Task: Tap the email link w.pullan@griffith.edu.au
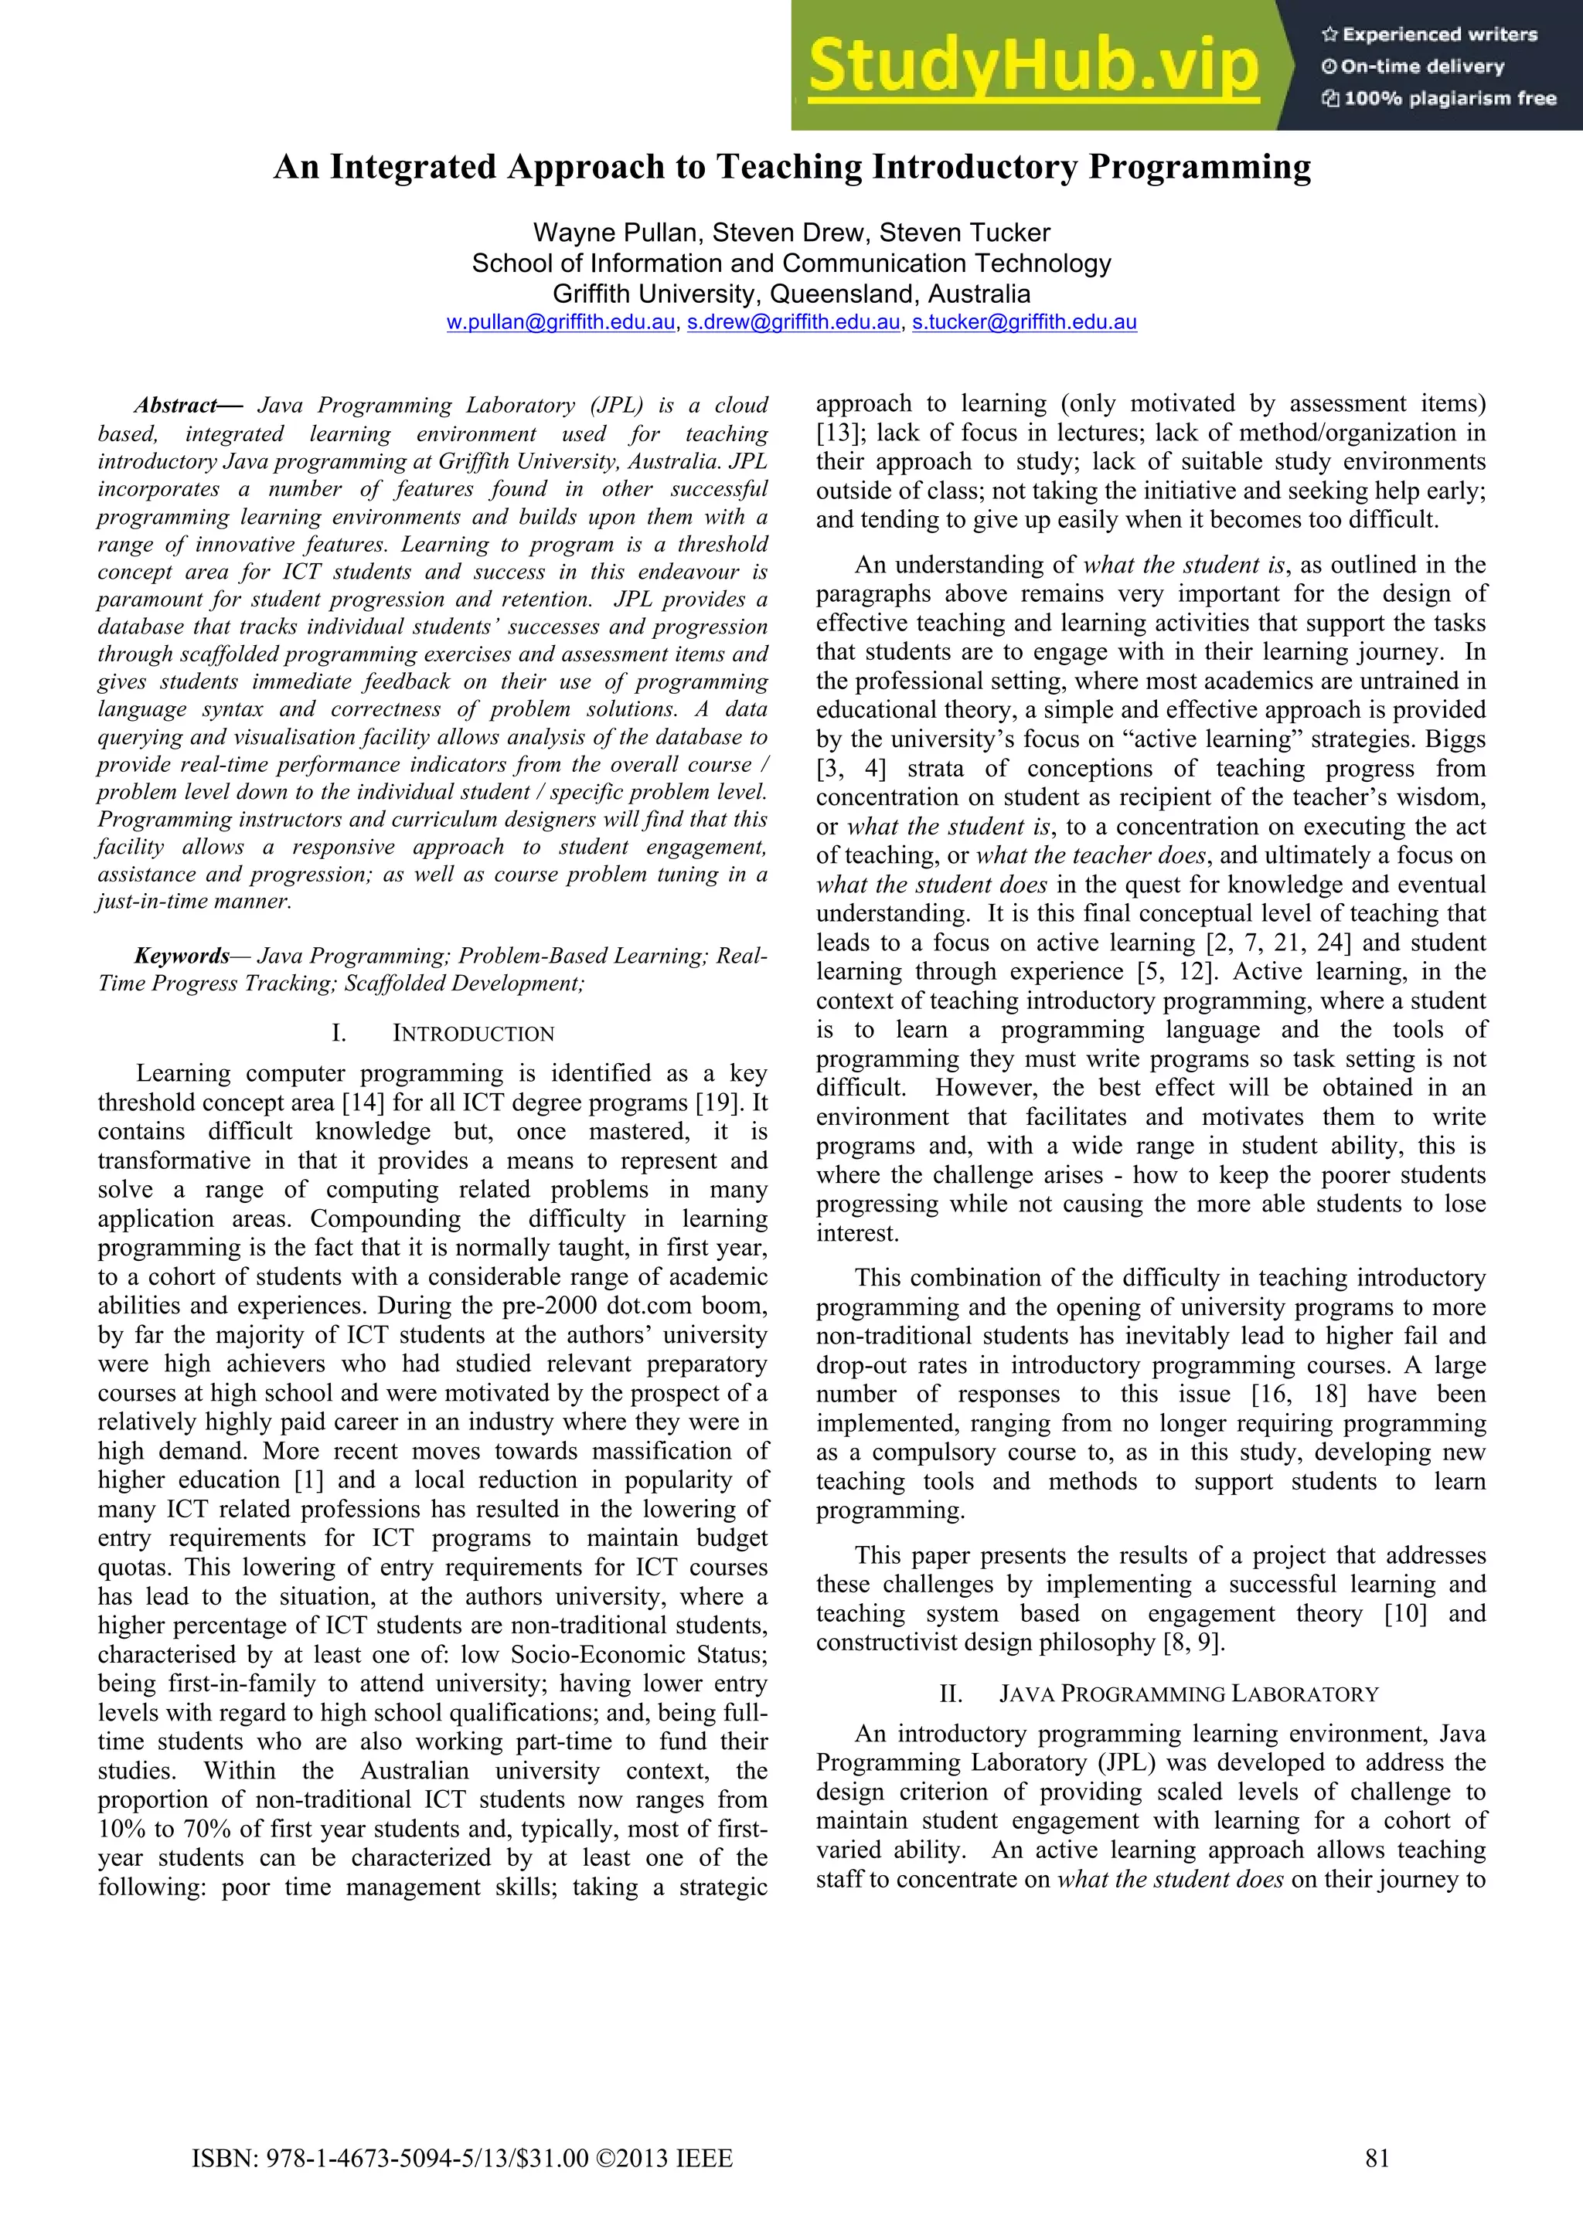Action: [x=561, y=323]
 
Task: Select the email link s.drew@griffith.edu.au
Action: [x=793, y=323]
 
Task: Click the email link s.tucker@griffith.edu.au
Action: [x=1024, y=323]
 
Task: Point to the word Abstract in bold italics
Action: [x=175, y=406]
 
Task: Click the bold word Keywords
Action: [x=182, y=956]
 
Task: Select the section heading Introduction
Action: [x=473, y=1034]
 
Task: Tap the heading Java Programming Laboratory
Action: [x=1188, y=1694]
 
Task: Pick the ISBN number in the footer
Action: [x=461, y=2186]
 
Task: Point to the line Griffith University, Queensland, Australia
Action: [x=791, y=294]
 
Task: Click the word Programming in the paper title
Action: [x=1200, y=167]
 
